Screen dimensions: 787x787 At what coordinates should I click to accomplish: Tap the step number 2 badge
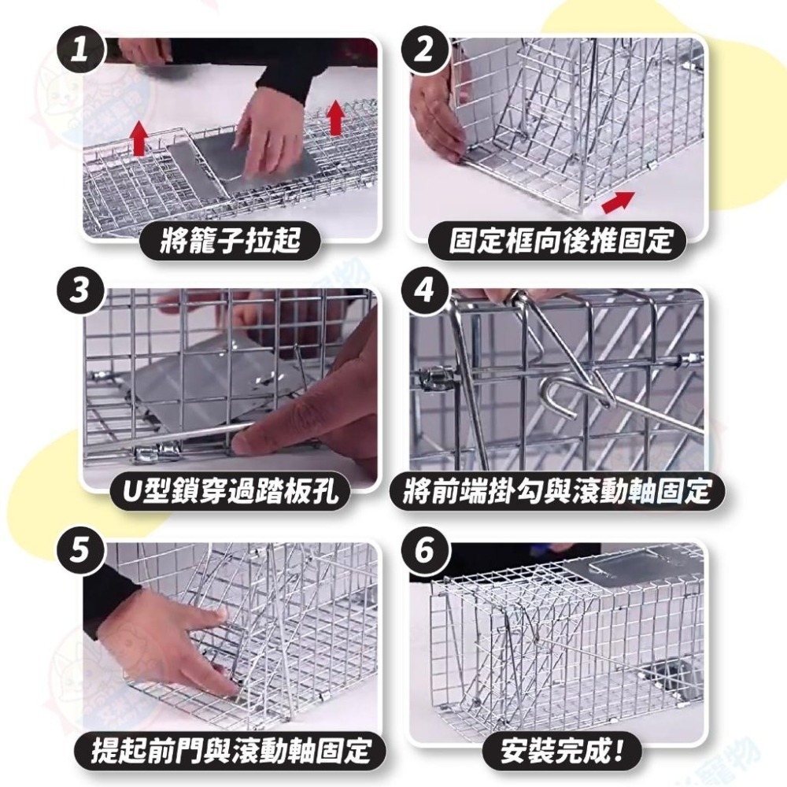pyautogui.click(x=426, y=50)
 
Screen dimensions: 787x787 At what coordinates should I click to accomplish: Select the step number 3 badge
pyautogui.click(x=80, y=290)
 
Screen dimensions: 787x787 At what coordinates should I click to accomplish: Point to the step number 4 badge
pyautogui.click(x=426, y=290)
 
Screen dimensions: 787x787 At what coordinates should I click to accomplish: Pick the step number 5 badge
pyautogui.click(x=80, y=551)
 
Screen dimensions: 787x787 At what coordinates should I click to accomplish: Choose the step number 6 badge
pyautogui.click(x=426, y=551)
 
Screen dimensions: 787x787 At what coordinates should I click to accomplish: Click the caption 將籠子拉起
pyautogui.click(x=231, y=240)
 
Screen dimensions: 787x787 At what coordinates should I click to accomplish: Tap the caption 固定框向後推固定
pyautogui.click(x=560, y=240)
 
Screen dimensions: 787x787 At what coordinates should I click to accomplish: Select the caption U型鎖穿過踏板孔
pyautogui.click(x=231, y=490)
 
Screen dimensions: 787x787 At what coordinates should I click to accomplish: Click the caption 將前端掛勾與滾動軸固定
pyautogui.click(x=558, y=490)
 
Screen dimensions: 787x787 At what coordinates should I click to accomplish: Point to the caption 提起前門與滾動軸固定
pyautogui.click(x=231, y=750)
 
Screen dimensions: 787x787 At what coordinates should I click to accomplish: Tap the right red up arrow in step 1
pyautogui.click(x=335, y=117)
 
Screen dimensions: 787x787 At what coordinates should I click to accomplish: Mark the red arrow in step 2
pyautogui.click(x=618, y=202)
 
